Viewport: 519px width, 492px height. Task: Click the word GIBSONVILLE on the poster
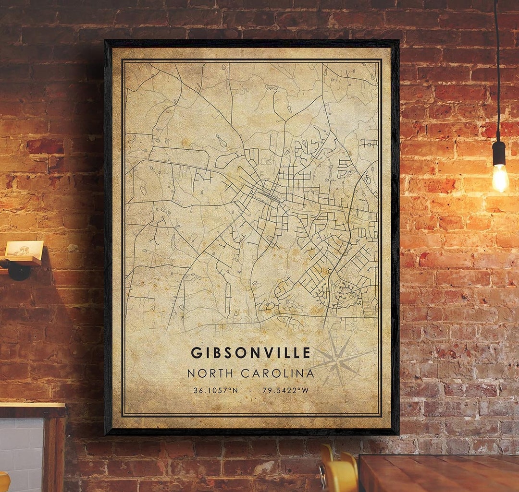(251, 353)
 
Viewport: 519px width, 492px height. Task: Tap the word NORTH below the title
(211, 373)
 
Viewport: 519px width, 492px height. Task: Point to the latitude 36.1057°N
(215, 391)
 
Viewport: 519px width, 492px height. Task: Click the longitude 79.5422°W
(285, 391)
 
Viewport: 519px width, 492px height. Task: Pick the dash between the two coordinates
(250, 391)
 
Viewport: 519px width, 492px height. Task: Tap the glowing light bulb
(500, 178)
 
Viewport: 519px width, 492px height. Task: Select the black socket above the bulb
(499, 153)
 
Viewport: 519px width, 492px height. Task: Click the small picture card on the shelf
(24, 249)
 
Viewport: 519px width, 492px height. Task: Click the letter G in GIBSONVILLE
(195, 353)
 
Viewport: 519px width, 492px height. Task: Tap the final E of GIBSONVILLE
(307, 353)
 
